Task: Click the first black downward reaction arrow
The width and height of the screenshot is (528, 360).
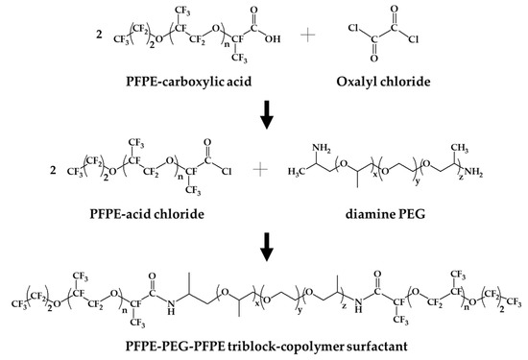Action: [x=264, y=112]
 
